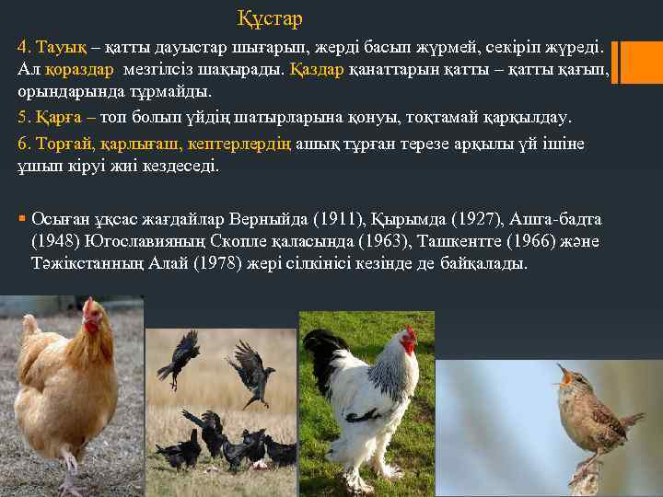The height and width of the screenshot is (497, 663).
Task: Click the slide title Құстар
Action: tap(269, 18)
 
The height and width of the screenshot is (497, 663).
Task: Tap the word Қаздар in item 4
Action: tap(318, 69)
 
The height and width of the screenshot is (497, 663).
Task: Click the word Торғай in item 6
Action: tap(57, 144)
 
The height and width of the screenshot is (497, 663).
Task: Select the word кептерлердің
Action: tap(252, 144)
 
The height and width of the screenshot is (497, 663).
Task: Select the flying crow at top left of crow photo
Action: tap(180, 355)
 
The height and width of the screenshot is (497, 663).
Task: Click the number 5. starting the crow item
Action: tap(23, 119)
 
